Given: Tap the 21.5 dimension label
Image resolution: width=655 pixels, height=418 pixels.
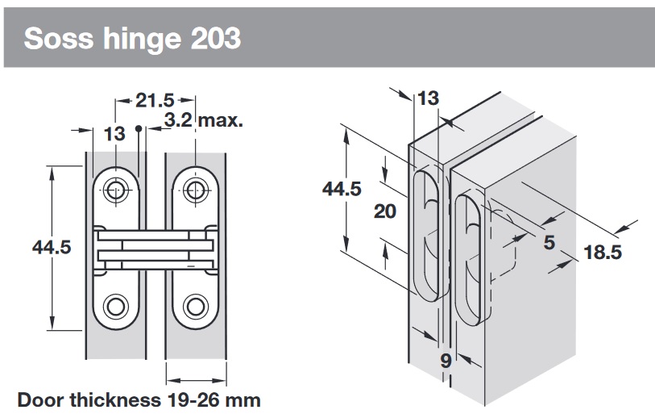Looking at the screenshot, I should pos(154,101).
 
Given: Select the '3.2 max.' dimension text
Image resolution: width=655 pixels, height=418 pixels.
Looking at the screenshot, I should pos(203,121).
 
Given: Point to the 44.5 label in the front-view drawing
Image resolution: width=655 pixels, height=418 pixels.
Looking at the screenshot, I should pos(52,247).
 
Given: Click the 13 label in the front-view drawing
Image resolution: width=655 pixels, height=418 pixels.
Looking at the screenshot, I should pos(114,134).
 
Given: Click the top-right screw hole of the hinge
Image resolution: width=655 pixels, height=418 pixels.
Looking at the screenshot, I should pos(194,190).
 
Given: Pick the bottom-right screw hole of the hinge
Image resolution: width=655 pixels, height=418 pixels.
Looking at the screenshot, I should pos(194,306).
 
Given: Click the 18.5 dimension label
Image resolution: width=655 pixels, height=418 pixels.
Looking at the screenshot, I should pos(603,253).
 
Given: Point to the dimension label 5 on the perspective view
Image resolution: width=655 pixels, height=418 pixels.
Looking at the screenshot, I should pos(549,242).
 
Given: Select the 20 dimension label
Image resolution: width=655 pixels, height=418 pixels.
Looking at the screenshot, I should pos(386,211).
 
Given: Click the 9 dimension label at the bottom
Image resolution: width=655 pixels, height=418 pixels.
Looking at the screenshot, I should pos(446,361).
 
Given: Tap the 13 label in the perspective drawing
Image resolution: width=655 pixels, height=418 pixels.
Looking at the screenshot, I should pos(429,98).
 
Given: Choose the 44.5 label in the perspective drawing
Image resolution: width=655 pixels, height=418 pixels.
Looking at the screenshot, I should pos(342,188).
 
